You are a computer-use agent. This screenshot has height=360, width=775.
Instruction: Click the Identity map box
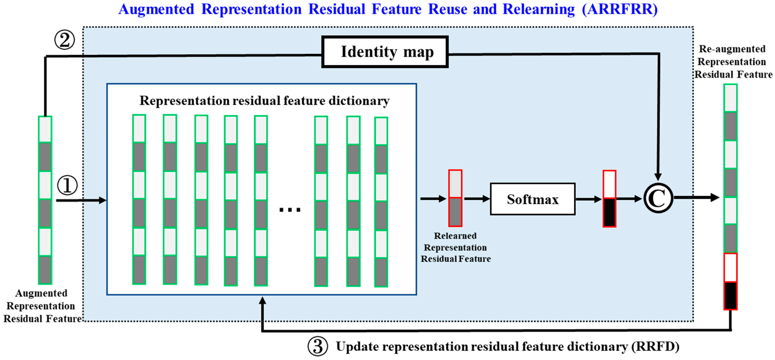[385, 52]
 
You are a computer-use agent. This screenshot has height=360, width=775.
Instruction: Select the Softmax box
[532, 199]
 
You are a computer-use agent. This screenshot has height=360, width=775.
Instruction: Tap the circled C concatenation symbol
[658, 198]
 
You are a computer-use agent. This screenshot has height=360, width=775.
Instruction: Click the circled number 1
[67, 185]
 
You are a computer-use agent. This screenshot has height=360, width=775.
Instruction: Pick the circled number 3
[317, 347]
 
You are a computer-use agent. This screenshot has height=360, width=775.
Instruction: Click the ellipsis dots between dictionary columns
[290, 209]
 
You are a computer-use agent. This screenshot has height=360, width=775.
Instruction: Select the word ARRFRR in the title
[620, 9]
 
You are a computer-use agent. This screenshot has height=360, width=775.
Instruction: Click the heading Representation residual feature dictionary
[264, 101]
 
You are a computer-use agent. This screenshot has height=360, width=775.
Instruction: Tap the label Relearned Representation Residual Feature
[455, 247]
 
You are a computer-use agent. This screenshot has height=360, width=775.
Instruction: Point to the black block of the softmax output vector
[609, 212]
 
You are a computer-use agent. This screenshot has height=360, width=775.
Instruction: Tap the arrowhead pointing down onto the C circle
[658, 177]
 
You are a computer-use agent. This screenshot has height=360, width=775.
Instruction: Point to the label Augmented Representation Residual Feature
[42, 306]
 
